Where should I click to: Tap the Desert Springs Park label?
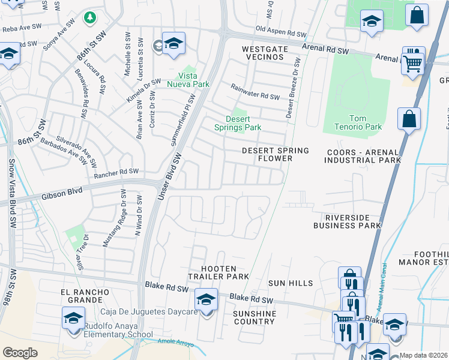click(238, 123)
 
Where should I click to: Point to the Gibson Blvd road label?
click(62, 196)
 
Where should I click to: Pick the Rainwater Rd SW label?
click(256, 97)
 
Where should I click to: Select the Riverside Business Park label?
click(348, 221)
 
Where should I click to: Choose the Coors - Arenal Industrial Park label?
click(362, 156)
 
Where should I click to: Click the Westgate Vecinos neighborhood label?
click(262, 52)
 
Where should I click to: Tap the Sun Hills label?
click(291, 283)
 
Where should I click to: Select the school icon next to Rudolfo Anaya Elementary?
click(73, 317)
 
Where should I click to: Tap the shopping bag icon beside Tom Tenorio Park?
click(409, 119)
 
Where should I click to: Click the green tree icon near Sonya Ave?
click(89, 17)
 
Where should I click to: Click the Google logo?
click(20, 353)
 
